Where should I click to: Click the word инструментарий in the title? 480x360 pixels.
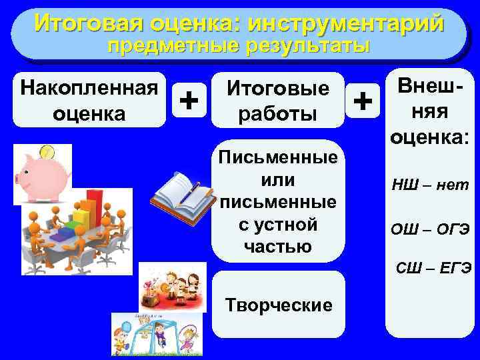345,24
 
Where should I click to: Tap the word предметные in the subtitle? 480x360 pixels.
172,47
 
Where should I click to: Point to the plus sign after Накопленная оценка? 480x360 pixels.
189,101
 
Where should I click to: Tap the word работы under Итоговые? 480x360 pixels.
278,113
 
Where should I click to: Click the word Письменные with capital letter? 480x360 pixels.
278,159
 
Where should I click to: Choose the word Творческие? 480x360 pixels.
279,305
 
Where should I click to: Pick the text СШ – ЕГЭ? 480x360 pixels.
434,268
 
